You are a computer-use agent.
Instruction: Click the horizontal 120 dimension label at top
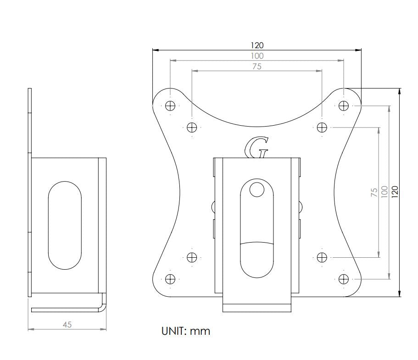coord(257,45)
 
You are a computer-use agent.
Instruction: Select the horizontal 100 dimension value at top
coord(257,56)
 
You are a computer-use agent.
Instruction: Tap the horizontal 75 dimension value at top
coord(257,66)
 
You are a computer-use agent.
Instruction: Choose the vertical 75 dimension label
coord(374,192)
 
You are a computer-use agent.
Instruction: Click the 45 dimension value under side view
coord(67,324)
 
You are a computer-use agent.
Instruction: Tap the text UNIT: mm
coord(186,331)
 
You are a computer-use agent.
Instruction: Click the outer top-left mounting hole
coord(170,105)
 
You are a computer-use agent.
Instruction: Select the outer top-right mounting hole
coord(344,105)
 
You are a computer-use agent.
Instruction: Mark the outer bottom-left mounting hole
coord(170,278)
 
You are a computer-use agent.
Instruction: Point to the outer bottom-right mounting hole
coord(344,278)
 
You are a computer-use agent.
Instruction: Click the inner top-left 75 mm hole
coord(192,127)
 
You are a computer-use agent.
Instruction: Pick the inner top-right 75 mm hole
coord(322,127)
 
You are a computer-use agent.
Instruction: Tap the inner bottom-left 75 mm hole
coord(192,257)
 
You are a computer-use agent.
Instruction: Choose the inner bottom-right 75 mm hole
coord(322,257)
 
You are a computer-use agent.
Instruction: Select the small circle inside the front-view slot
coord(257,189)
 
